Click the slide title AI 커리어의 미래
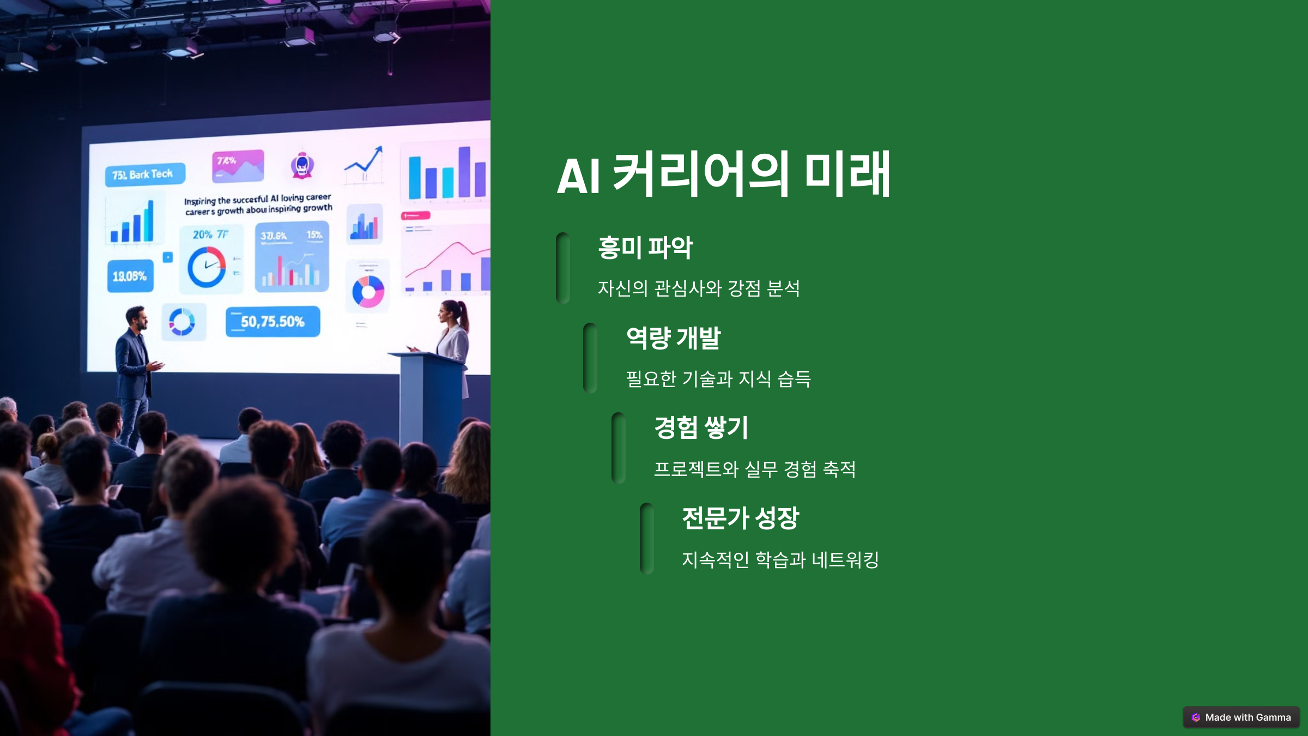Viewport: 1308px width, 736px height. coord(723,174)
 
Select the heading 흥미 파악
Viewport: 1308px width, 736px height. coord(645,248)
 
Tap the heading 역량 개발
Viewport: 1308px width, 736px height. coord(673,338)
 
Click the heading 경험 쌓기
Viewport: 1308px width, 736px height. coord(701,428)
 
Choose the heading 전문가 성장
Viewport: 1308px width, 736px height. coord(740,518)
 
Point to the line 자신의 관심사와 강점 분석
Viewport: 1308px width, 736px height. coord(699,288)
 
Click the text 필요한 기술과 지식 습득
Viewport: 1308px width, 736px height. coord(718,378)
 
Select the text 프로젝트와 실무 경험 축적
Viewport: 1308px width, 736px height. coord(754,469)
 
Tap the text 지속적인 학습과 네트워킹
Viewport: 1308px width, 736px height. coord(780,559)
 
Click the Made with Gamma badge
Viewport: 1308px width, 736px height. coord(1241,717)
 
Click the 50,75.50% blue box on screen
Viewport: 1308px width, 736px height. coord(272,322)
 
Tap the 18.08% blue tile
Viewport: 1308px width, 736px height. coord(130,276)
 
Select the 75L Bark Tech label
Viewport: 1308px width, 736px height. coord(144,174)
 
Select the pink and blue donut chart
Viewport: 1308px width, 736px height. coord(368,291)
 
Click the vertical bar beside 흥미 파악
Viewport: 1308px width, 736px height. coord(563,268)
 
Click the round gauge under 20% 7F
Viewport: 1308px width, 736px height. coord(207,267)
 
